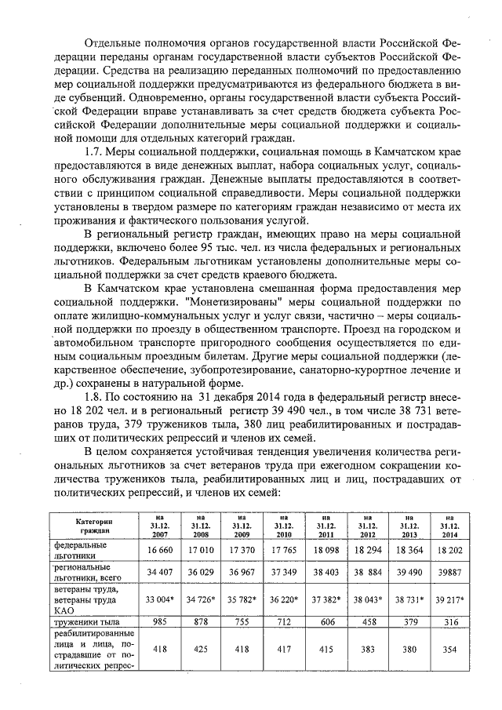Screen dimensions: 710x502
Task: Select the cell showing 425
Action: click(x=200, y=650)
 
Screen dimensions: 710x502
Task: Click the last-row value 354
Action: click(x=447, y=650)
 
